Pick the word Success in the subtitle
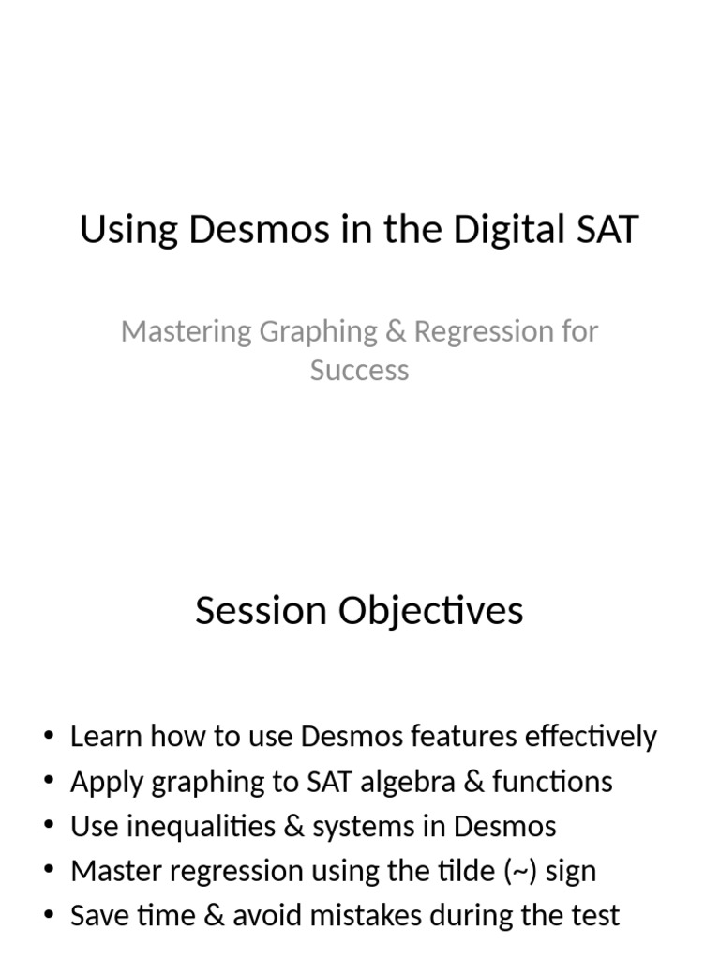[x=360, y=370]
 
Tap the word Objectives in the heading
[x=422, y=611]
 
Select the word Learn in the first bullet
[x=103, y=737]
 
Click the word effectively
[x=595, y=737]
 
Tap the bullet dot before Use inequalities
[x=49, y=827]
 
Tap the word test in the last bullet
[x=594, y=917]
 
